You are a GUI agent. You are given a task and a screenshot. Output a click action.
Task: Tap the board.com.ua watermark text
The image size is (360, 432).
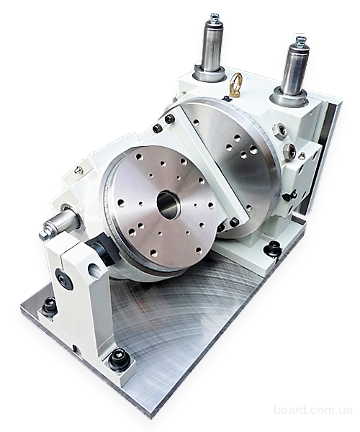pyautogui.click(x=313, y=418)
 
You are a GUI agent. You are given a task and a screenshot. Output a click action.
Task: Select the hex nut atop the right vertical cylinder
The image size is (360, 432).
pyautogui.click(x=300, y=40)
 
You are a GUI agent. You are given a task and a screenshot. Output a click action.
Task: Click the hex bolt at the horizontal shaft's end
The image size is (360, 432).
pyautogui.click(x=43, y=235)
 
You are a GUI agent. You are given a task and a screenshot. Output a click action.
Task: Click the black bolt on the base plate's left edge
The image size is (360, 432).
pyautogui.click(x=49, y=305)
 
